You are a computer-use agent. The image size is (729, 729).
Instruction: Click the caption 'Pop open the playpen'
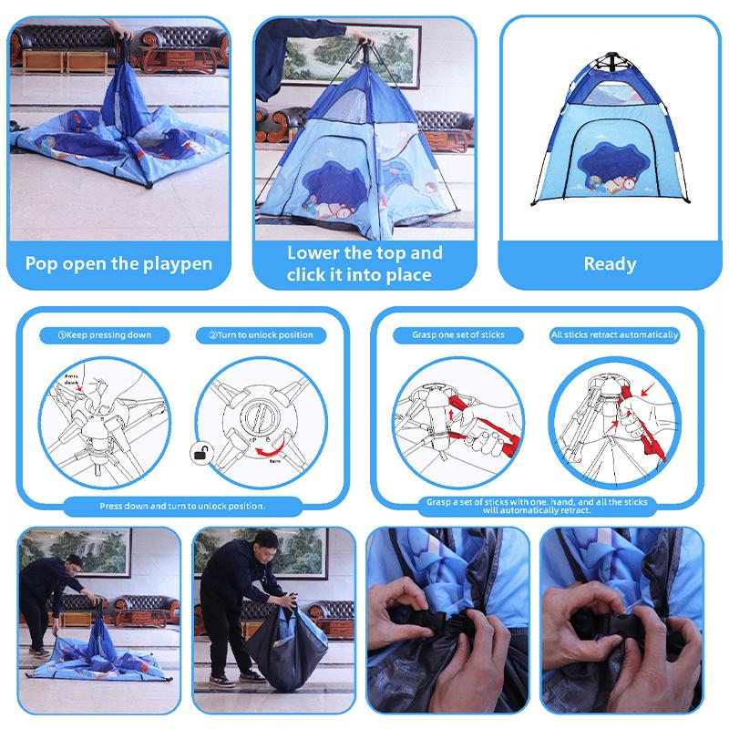tap(118, 264)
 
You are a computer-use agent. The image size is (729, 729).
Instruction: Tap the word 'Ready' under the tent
tap(610, 264)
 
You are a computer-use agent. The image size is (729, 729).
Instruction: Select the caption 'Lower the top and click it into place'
tap(364, 263)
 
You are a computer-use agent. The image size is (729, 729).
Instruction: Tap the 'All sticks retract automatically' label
tap(615, 335)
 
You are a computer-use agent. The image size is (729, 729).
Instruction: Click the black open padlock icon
tap(199, 452)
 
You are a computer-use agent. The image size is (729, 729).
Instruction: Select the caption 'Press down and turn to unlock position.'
tap(182, 505)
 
